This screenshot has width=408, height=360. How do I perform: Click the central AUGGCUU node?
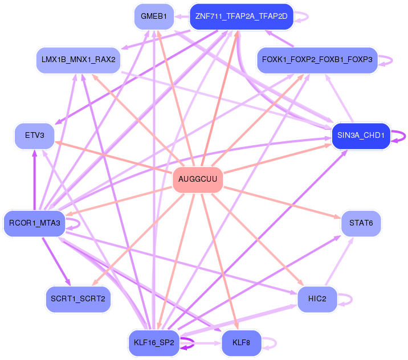197,179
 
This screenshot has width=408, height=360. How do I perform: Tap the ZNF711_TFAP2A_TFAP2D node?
241,17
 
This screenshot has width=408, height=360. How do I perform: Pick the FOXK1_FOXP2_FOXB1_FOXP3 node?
317,59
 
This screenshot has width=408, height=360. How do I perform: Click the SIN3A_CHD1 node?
361,136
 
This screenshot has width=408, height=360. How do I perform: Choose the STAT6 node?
361,223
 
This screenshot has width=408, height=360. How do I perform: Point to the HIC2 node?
317,299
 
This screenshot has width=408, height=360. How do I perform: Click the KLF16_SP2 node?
154,343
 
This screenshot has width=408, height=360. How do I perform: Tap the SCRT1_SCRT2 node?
77,299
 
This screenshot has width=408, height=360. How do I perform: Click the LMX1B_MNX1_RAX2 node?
78,59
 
